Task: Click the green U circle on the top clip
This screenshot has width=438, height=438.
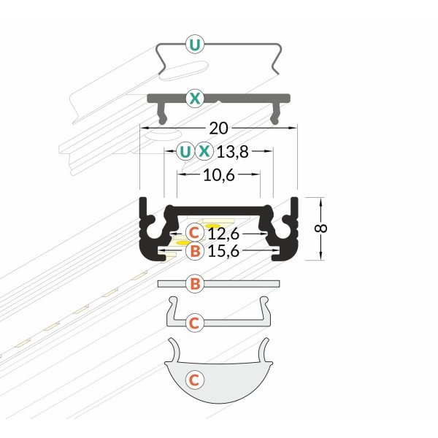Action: [x=193, y=45]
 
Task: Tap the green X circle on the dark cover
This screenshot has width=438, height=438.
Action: [x=193, y=97]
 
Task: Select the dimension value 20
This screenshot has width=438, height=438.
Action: [x=218, y=128]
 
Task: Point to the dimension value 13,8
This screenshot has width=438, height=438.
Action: [x=233, y=152]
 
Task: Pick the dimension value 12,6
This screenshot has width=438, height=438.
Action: [x=223, y=234]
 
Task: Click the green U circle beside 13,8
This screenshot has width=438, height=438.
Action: [x=185, y=152]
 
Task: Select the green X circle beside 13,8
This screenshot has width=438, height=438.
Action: [x=204, y=152]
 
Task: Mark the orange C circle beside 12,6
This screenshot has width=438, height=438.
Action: [x=193, y=234]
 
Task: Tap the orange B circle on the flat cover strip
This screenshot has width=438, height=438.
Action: [x=193, y=285]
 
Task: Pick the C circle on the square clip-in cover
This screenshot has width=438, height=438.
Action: [x=193, y=322]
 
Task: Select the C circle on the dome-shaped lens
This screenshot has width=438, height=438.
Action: [x=193, y=380]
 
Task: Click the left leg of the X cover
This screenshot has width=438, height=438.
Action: [x=163, y=113]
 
